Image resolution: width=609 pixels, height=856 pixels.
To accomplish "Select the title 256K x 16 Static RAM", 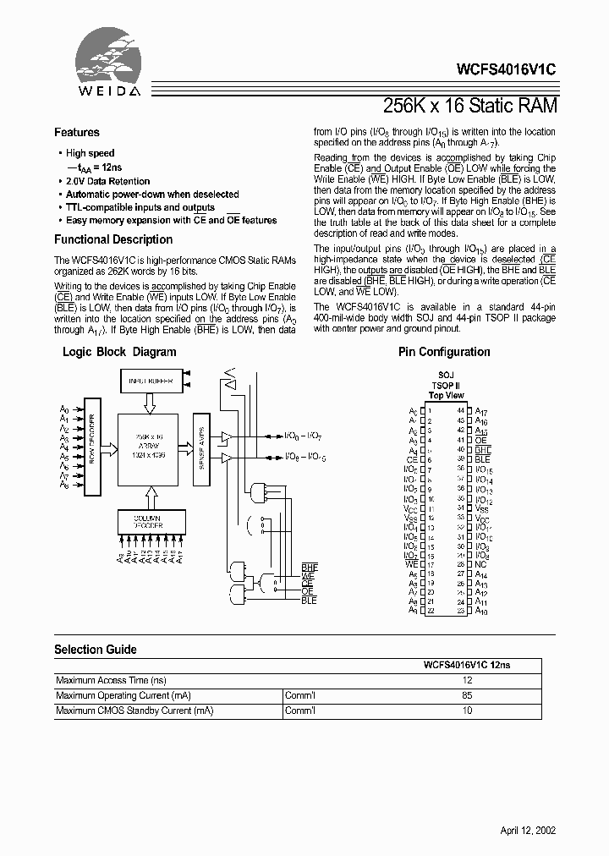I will point(469,106).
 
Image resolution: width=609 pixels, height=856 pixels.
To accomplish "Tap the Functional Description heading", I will point(113,239).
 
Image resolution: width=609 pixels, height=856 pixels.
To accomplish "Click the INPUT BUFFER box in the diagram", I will point(151,381).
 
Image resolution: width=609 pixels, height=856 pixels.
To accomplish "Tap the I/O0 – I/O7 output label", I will point(302,435).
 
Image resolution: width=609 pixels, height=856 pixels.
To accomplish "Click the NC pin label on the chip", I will point(480,563).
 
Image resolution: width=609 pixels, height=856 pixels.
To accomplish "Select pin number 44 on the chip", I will point(461,410).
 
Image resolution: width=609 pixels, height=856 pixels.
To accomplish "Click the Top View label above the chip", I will point(447,396).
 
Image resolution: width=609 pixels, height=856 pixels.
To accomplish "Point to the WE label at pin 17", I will point(412,563).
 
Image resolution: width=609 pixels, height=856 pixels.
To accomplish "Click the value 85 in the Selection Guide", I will point(466,695).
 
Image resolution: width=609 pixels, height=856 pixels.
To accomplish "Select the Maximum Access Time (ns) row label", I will point(111,680).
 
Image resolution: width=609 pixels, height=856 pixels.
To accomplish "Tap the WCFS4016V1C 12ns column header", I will point(467,666).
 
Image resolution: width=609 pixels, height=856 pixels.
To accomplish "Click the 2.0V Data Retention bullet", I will point(107,181).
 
